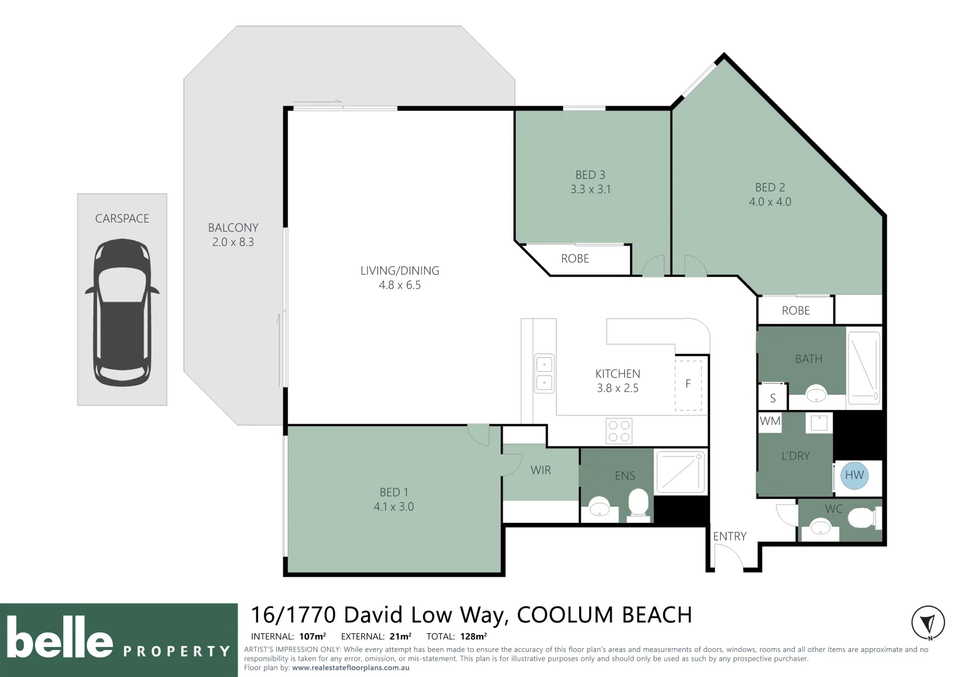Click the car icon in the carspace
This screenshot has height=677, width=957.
(x=122, y=312)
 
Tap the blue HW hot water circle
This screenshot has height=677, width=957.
(x=854, y=475)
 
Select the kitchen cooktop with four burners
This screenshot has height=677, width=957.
(x=619, y=431)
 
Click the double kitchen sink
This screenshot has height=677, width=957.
(x=544, y=374)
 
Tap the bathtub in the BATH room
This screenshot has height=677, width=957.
(x=864, y=368)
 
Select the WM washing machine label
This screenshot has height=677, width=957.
(x=770, y=421)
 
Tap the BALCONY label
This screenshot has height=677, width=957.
(x=233, y=228)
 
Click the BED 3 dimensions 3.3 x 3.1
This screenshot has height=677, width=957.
(x=590, y=189)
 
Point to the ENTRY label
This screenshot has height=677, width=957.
(x=730, y=537)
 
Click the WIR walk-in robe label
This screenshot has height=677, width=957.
(x=540, y=470)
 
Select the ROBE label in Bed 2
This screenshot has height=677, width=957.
(x=795, y=311)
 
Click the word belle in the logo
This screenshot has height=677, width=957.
(x=60, y=637)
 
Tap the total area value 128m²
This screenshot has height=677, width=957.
(x=473, y=636)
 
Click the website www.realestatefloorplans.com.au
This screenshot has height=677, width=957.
(x=350, y=668)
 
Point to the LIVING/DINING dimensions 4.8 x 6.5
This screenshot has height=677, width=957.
(x=400, y=285)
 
